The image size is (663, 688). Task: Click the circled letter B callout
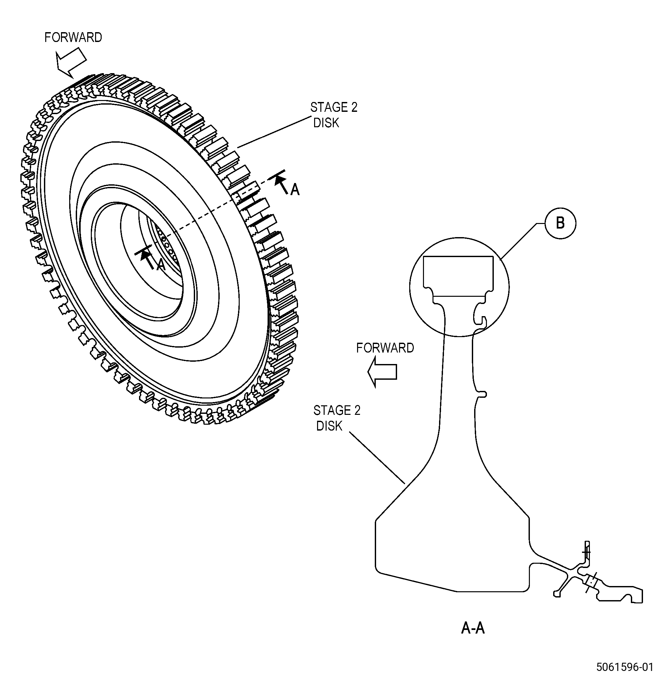560,224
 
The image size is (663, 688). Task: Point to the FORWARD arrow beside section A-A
382,372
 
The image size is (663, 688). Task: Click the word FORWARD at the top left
73,37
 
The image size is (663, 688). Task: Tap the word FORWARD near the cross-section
385,348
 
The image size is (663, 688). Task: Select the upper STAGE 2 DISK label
333,115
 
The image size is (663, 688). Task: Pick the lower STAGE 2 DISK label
337,418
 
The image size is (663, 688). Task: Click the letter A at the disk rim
295,190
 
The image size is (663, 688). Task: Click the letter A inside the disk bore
160,265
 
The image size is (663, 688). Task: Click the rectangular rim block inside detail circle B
458,276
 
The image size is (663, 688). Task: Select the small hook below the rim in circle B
481,320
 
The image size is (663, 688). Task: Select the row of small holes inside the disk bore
168,246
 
